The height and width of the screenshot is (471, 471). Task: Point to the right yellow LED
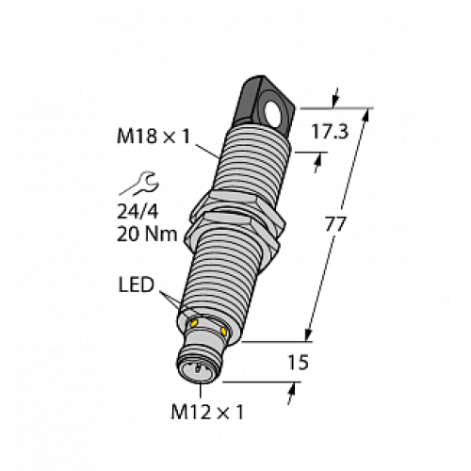click(223, 331)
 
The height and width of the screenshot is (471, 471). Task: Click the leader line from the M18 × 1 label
click(206, 146)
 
